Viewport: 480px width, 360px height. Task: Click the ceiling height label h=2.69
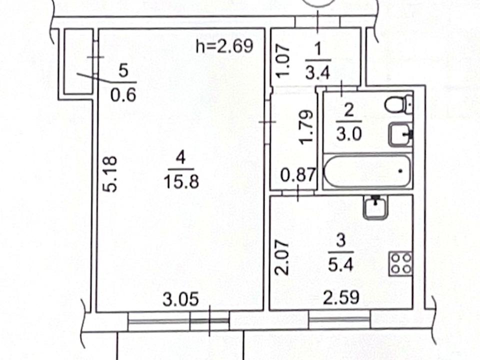(x=224, y=46)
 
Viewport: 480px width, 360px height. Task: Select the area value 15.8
(x=181, y=181)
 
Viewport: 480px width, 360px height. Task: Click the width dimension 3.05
(x=180, y=299)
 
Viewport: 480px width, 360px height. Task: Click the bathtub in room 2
(x=366, y=171)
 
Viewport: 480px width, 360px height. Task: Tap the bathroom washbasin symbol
(x=401, y=134)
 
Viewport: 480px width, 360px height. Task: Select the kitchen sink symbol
(x=375, y=207)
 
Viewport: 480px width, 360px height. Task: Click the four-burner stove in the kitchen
(x=400, y=264)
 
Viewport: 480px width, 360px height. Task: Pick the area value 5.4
(x=340, y=264)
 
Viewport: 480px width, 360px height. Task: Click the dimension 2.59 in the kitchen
(x=341, y=297)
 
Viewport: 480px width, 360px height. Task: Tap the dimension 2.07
(x=281, y=257)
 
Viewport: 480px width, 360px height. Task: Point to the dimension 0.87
(x=298, y=175)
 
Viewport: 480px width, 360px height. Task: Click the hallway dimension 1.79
(x=306, y=126)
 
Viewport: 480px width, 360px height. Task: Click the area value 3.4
(x=318, y=73)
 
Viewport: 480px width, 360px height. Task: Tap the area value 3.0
(x=349, y=134)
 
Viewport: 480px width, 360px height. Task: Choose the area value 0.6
(x=123, y=95)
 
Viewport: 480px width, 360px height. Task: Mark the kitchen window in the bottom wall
(x=339, y=319)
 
